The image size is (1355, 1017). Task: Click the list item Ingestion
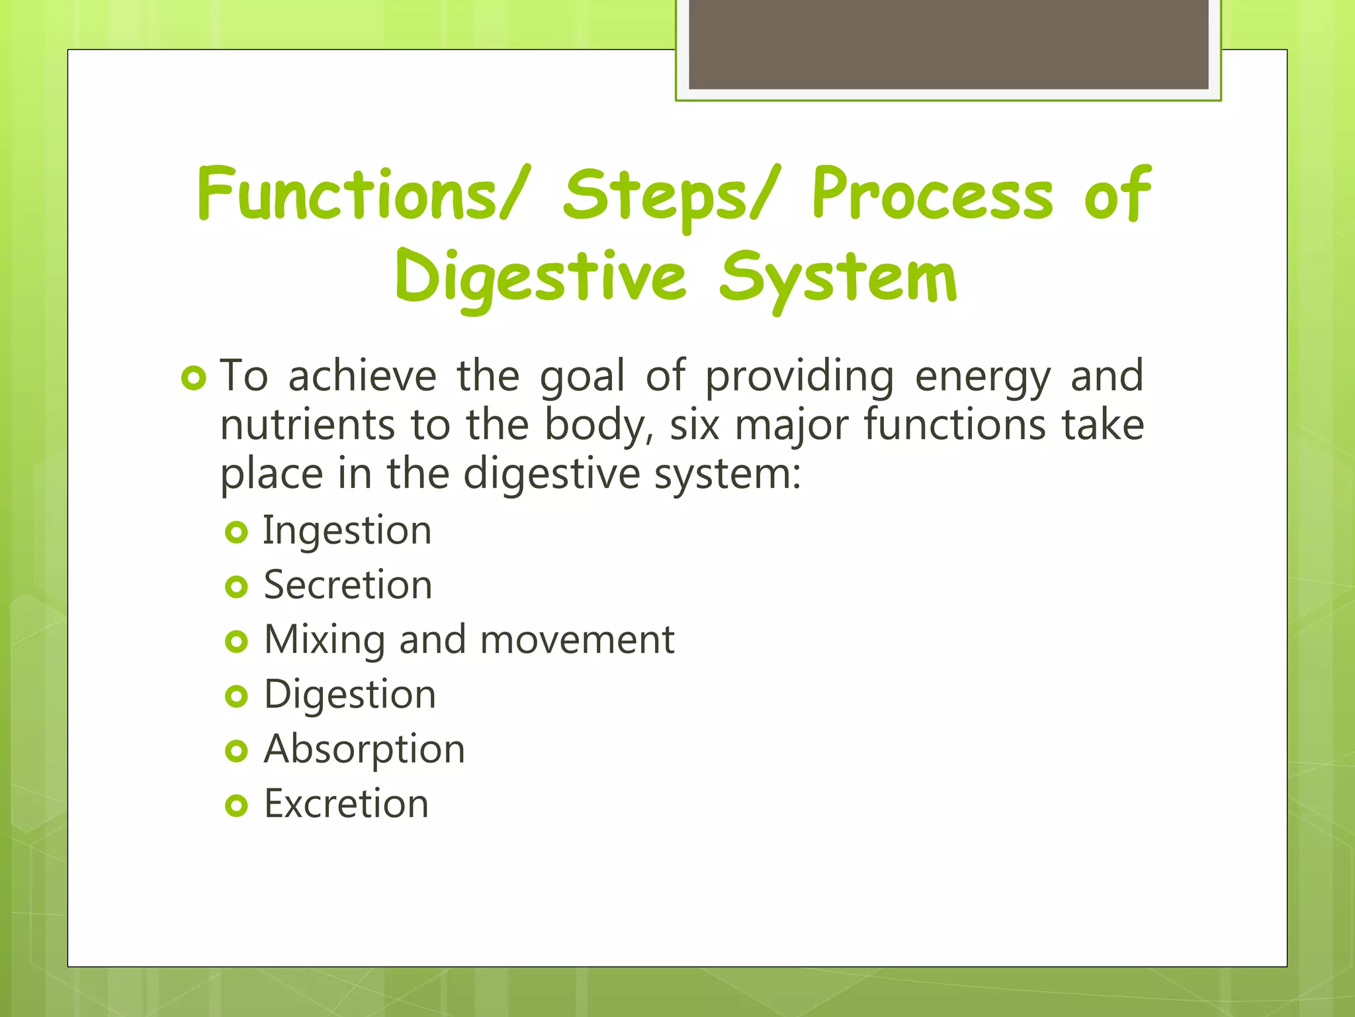[347, 531]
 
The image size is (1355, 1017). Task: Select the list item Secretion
[348, 585]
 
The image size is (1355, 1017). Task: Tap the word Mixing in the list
[324, 640]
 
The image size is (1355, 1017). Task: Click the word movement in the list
[577, 640]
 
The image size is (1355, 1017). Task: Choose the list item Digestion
[350, 695]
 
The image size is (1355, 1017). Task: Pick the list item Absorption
[365, 750]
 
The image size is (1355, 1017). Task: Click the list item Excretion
[347, 804]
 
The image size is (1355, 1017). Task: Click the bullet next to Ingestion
[236, 532]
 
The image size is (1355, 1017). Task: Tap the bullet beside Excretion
[236, 806]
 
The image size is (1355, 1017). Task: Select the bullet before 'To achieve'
[194, 379]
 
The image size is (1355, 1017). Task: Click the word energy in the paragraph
[983, 376]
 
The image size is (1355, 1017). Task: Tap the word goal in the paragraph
[582, 376]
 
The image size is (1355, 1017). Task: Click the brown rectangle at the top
[948, 45]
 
